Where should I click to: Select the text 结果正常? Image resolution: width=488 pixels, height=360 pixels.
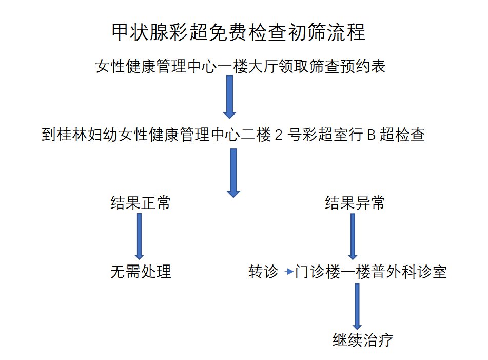point(140,203)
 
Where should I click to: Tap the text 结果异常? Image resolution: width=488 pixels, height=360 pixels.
point(355,203)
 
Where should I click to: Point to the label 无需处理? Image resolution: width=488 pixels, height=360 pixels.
point(141,271)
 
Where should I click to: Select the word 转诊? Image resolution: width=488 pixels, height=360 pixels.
point(263,271)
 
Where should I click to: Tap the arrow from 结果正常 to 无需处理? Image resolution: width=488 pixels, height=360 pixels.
point(139,236)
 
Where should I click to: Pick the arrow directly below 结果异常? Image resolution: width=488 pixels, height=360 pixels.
point(353,236)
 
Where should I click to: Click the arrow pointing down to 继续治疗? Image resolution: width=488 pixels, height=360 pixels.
point(357,306)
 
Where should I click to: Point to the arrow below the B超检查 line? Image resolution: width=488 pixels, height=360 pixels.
point(233,173)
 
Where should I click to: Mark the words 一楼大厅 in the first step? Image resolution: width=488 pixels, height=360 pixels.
point(247,67)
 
